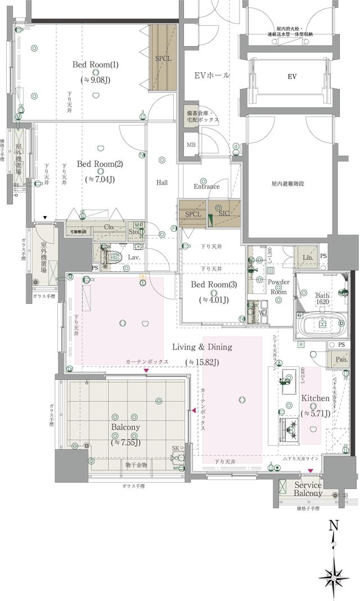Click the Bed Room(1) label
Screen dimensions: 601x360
click(x=95, y=65)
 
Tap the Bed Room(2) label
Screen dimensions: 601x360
click(x=100, y=164)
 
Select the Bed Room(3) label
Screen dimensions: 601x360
click(x=214, y=285)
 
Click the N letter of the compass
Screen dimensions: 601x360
click(x=334, y=526)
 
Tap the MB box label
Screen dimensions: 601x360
click(x=191, y=145)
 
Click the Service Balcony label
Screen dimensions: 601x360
click(x=308, y=489)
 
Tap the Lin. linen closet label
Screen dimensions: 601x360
click(x=308, y=256)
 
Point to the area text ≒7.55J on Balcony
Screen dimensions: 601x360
click(x=125, y=442)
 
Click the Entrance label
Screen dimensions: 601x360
click(x=206, y=187)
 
